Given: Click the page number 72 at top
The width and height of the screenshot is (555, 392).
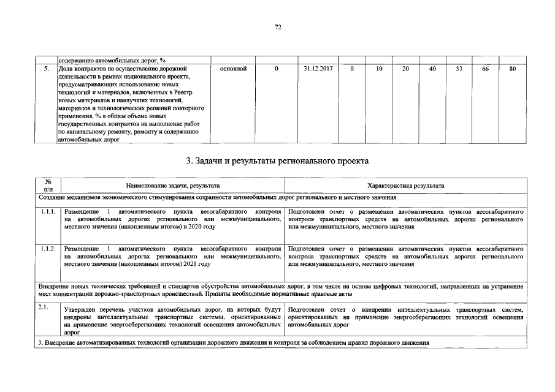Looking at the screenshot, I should (x=277, y=28).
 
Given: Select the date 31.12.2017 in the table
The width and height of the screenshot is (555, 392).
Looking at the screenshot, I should (x=318, y=69).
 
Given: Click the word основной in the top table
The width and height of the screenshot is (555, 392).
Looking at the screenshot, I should (x=232, y=69).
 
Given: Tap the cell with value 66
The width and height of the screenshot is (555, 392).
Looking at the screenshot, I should (x=485, y=69).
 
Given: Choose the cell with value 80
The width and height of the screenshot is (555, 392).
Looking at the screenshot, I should (x=512, y=69).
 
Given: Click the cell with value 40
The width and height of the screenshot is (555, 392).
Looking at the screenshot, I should (x=432, y=69).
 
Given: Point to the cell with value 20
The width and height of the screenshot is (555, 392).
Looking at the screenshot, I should (x=405, y=69).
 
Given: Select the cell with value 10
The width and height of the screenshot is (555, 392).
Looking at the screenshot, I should (x=379, y=69).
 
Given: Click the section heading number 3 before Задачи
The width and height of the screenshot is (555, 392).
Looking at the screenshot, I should (x=189, y=161).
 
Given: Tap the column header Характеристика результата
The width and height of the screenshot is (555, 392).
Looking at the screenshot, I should (x=405, y=186).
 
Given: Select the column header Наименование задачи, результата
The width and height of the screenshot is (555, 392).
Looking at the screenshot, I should (x=173, y=186).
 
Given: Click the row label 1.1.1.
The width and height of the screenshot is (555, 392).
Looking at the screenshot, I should (x=48, y=211).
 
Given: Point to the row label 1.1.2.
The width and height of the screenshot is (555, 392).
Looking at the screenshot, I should (x=48, y=249).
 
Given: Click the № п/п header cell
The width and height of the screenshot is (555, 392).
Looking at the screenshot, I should (x=48, y=186).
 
